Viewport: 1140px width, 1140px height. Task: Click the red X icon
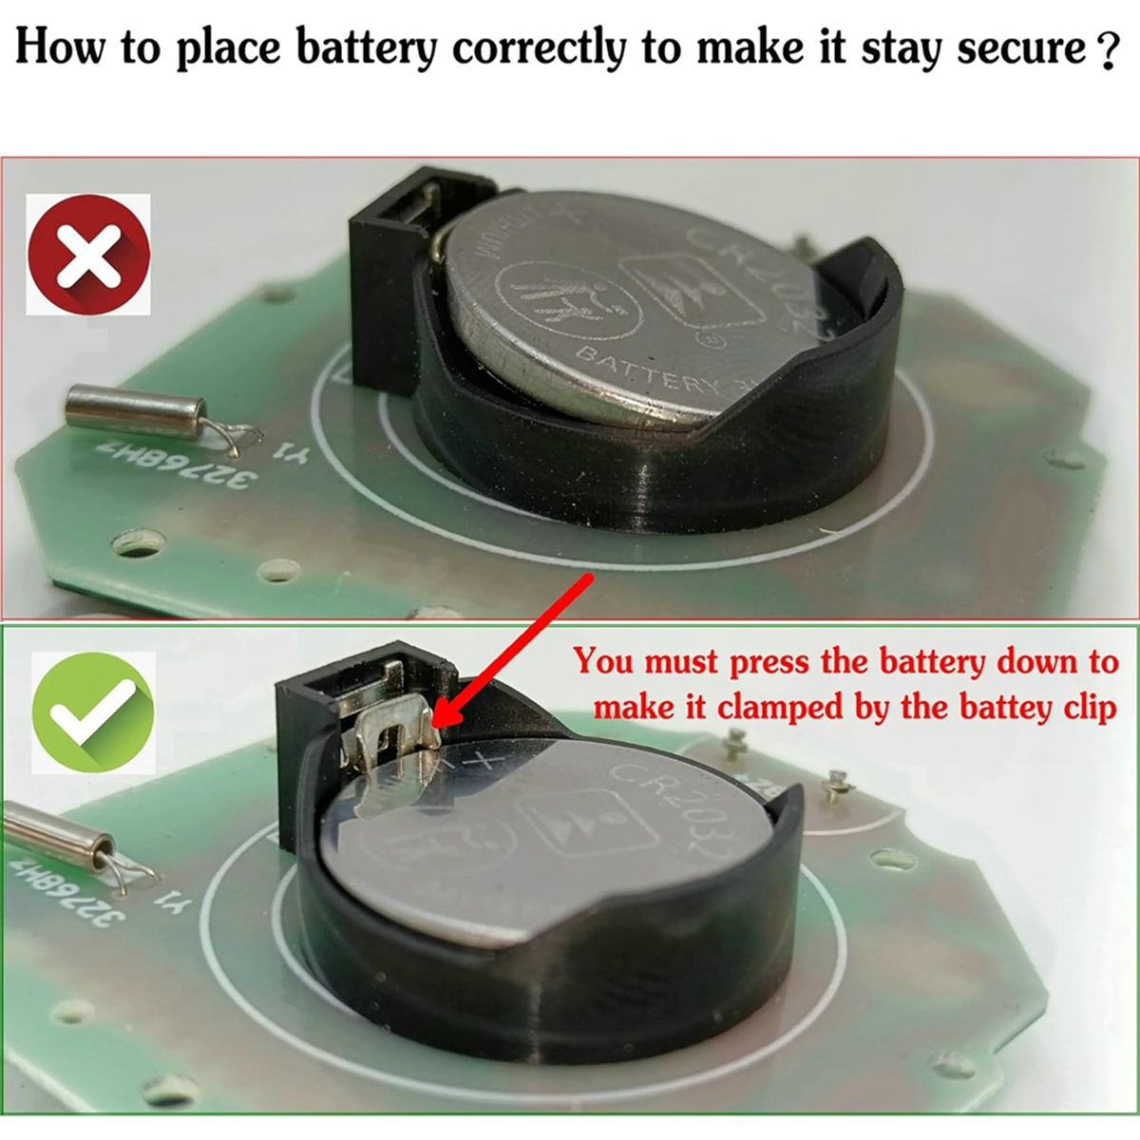88,254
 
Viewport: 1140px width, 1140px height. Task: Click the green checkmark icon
92,712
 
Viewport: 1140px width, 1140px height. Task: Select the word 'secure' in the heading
1021,47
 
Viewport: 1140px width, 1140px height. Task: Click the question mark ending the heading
1105,50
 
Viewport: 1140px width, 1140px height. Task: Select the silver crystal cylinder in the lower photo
57,830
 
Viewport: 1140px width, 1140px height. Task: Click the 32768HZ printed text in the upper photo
172,466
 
